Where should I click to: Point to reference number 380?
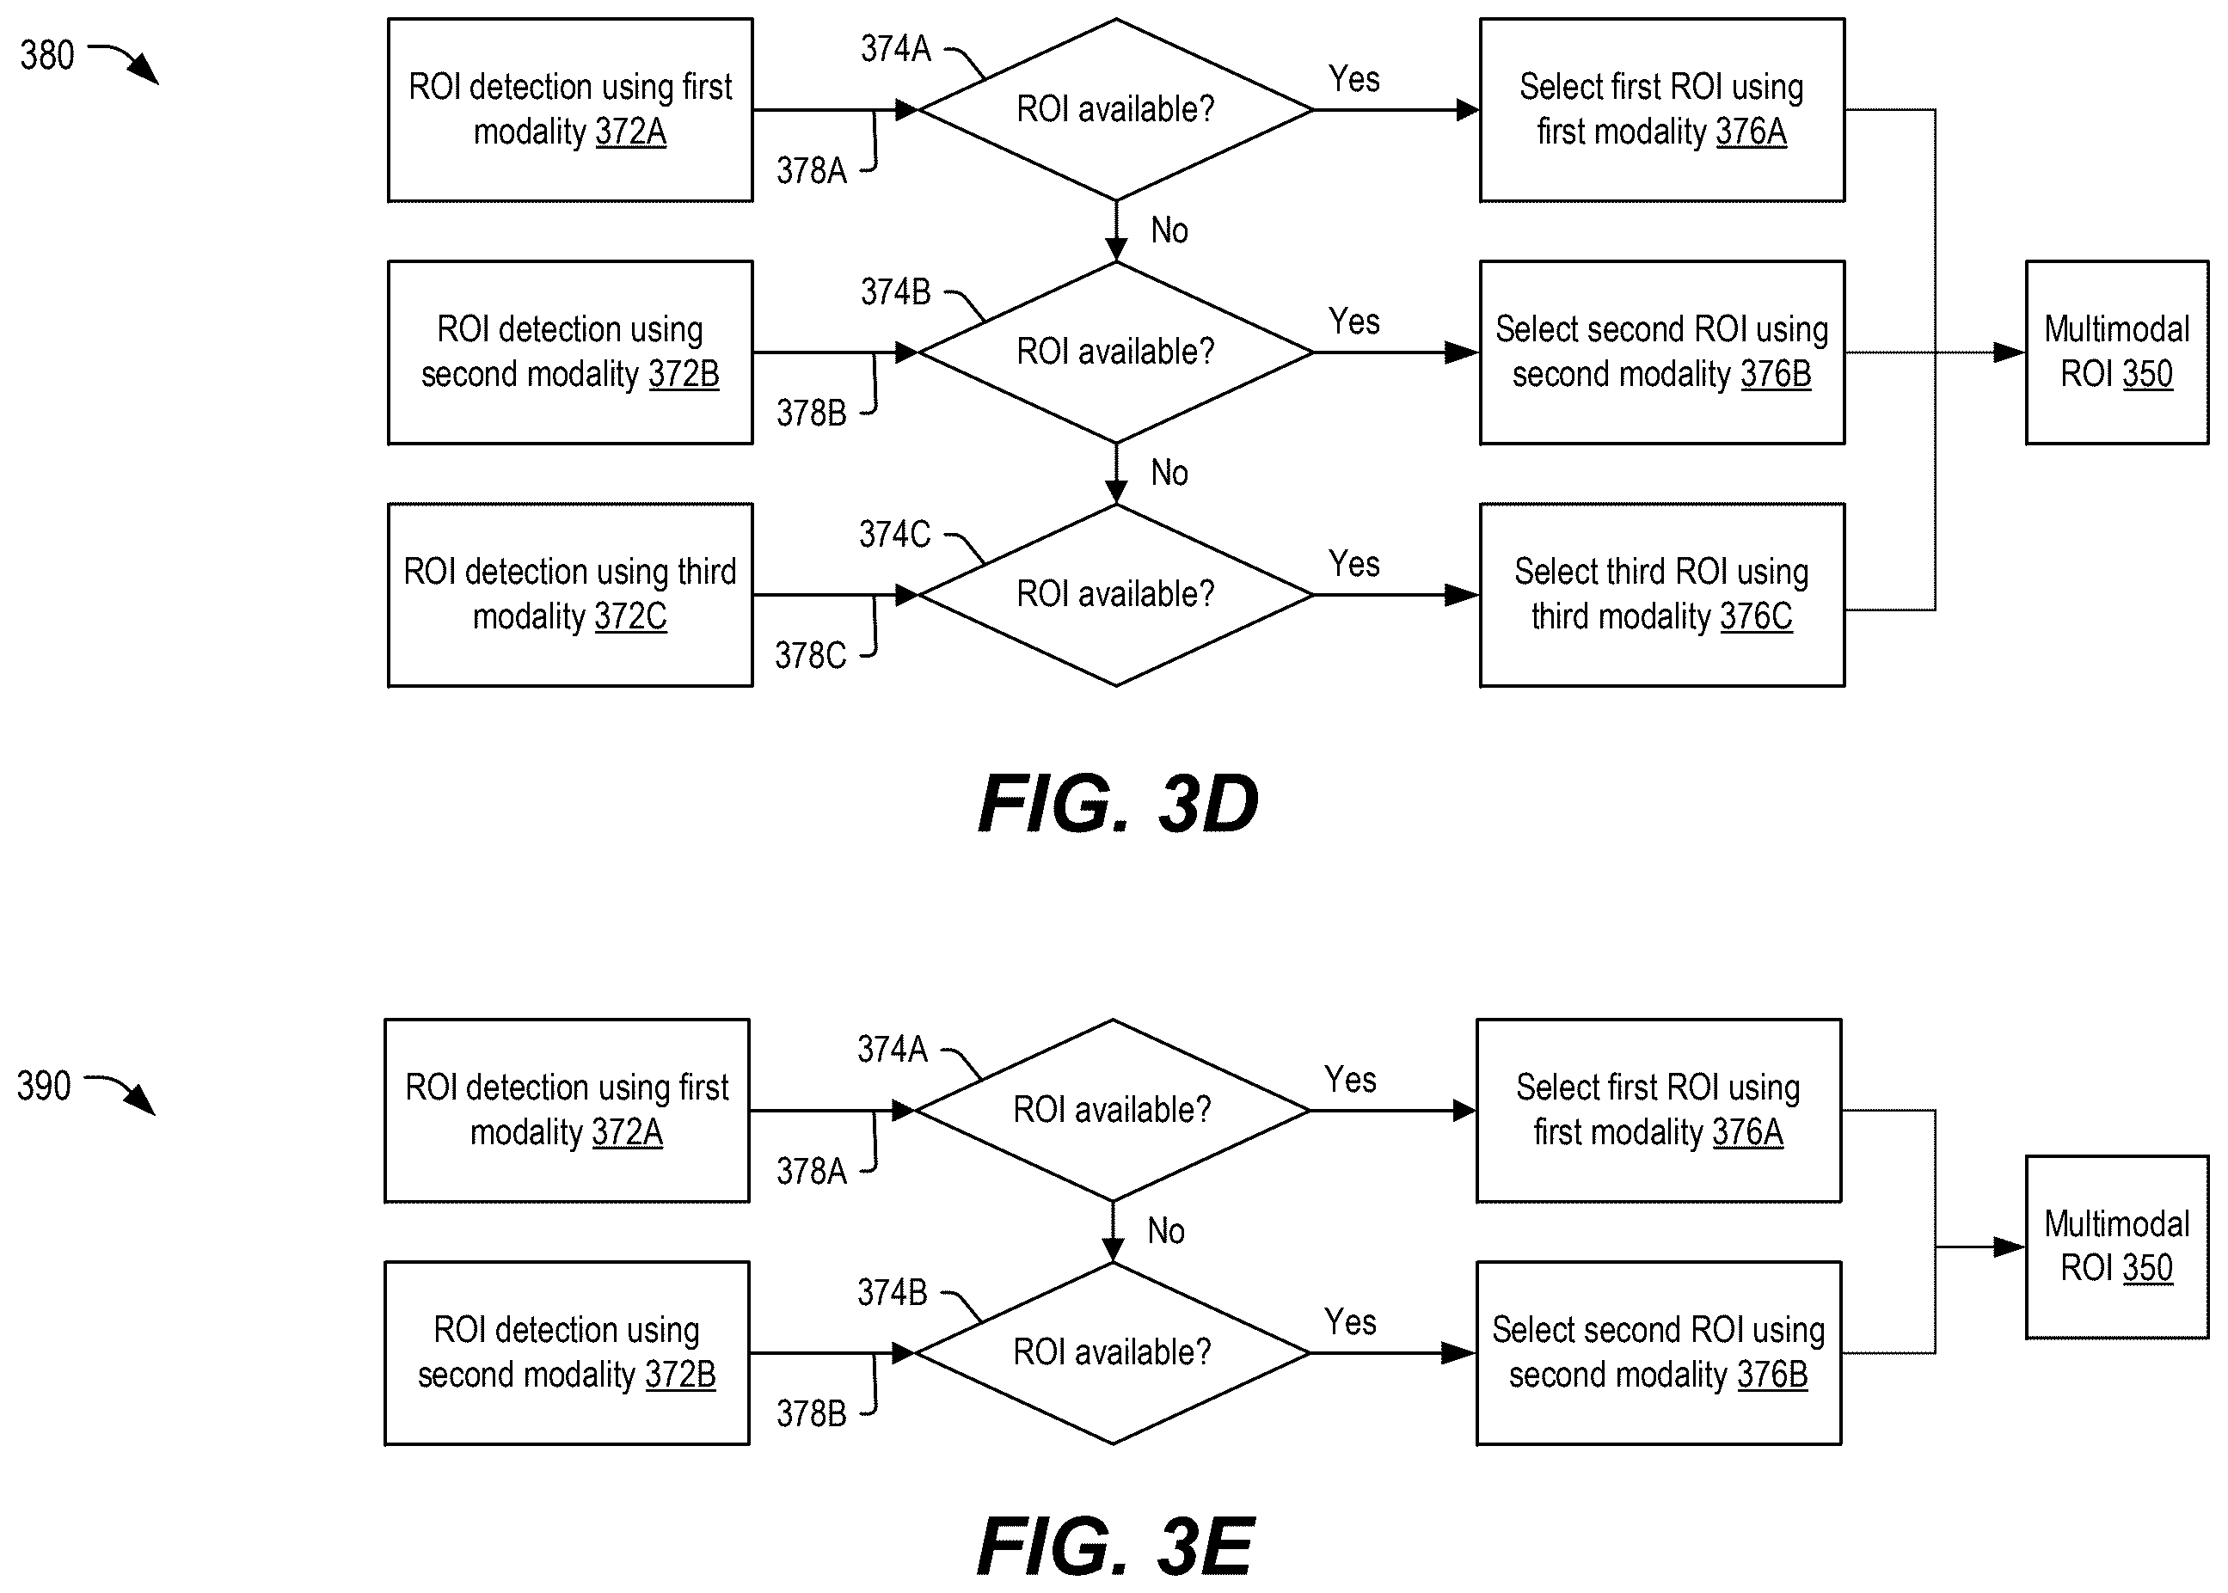click(x=47, y=56)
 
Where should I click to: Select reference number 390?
click(x=44, y=1086)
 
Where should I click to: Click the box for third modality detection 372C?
click(x=570, y=594)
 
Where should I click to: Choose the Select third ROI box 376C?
click(x=1662, y=594)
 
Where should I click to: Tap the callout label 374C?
click(x=895, y=535)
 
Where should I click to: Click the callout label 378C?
click(x=810, y=655)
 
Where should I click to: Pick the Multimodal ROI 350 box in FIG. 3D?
click(x=2117, y=352)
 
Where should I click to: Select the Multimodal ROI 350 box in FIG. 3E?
click(x=2117, y=1247)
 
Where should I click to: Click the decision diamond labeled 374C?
click(x=1115, y=594)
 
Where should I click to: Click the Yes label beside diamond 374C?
click(x=1353, y=564)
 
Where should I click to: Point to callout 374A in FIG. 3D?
click(x=896, y=49)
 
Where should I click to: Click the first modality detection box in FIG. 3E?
click(x=567, y=1111)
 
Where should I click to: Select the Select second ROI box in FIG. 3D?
click(x=1662, y=352)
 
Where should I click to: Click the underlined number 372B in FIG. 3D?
click(x=684, y=375)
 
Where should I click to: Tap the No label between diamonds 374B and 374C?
click(x=1169, y=473)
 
